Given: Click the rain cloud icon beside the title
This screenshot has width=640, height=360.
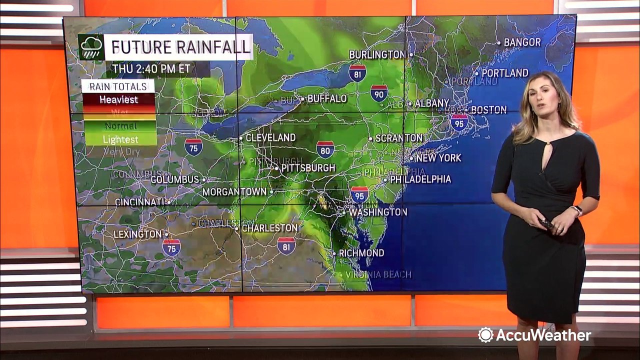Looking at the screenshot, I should (91, 47).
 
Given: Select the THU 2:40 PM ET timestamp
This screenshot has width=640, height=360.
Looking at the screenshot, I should (151, 68).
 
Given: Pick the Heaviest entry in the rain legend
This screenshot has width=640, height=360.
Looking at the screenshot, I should (118, 99).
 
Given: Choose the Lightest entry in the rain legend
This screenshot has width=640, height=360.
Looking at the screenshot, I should (120, 139).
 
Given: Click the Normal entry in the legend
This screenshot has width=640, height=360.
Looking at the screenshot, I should (120, 126).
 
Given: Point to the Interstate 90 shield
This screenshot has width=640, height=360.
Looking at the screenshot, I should (379, 93).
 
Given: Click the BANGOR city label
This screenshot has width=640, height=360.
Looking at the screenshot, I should (522, 42).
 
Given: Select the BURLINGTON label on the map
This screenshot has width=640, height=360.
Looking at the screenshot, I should (376, 54).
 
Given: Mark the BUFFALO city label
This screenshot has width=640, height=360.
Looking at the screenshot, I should (327, 98).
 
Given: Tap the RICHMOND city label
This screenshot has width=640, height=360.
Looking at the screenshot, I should (361, 253).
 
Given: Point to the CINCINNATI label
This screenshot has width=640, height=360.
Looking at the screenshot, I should (139, 202).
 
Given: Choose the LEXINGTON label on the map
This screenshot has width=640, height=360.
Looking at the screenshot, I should (137, 234).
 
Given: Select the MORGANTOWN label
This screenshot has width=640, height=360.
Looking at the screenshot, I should (234, 191).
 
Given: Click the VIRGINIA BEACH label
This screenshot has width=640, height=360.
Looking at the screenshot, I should (378, 274).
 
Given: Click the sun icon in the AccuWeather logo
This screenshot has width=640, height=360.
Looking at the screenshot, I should (485, 335).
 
